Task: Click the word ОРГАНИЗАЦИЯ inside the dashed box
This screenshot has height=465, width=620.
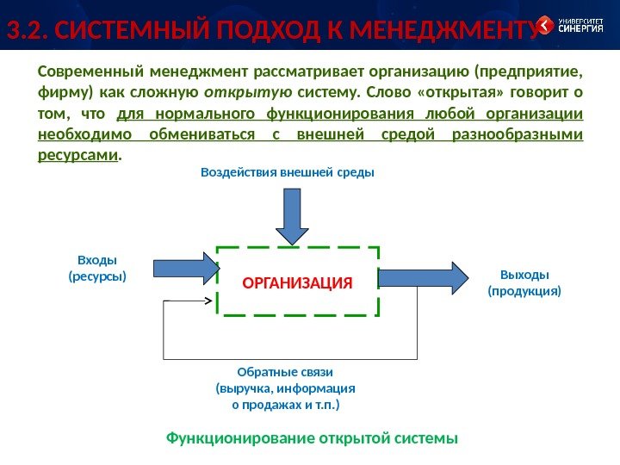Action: click(298, 282)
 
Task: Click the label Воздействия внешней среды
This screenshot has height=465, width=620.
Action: click(287, 172)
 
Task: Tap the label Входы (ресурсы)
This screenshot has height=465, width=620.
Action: click(96, 268)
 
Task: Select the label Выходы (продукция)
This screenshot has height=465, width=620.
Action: click(524, 282)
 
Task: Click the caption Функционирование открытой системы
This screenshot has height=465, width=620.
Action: click(312, 437)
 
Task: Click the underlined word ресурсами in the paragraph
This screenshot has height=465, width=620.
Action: click(78, 155)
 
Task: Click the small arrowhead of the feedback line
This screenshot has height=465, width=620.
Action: click(208, 301)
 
